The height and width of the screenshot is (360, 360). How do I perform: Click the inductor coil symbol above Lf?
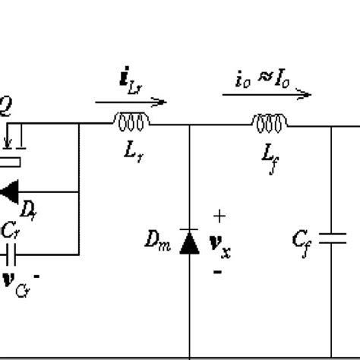pyautogui.click(x=270, y=120)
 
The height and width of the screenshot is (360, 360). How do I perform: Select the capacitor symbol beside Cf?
pyautogui.click(x=332, y=239)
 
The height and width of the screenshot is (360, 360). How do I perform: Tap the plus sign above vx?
pyautogui.click(x=219, y=217)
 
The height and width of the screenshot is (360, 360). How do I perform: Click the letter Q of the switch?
pyautogui.click(x=6, y=108)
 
